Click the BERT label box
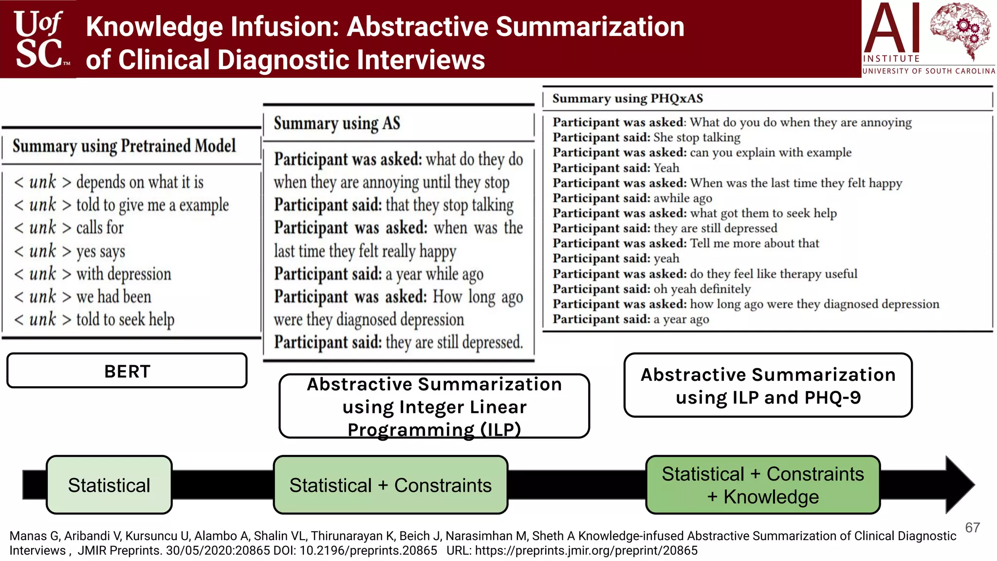pyautogui.click(x=127, y=371)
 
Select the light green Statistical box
pyautogui.click(x=109, y=485)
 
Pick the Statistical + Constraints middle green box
pyautogui.click(x=390, y=485)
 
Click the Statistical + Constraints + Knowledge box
pyautogui.click(x=763, y=485)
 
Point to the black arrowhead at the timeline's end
pyautogui.click(x=958, y=485)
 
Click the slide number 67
pyautogui.click(x=972, y=527)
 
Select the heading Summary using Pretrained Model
pyautogui.click(x=124, y=146)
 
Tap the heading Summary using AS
pyautogui.click(x=337, y=123)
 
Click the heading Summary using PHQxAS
pyautogui.click(x=628, y=98)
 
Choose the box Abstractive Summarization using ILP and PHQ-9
pyautogui.click(x=768, y=385)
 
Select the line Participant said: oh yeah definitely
pyautogui.click(x=651, y=289)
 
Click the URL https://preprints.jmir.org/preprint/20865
pyautogui.click(x=586, y=551)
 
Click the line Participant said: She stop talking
pyautogui.click(x=646, y=137)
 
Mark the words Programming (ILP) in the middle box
pyautogui.click(x=434, y=430)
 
